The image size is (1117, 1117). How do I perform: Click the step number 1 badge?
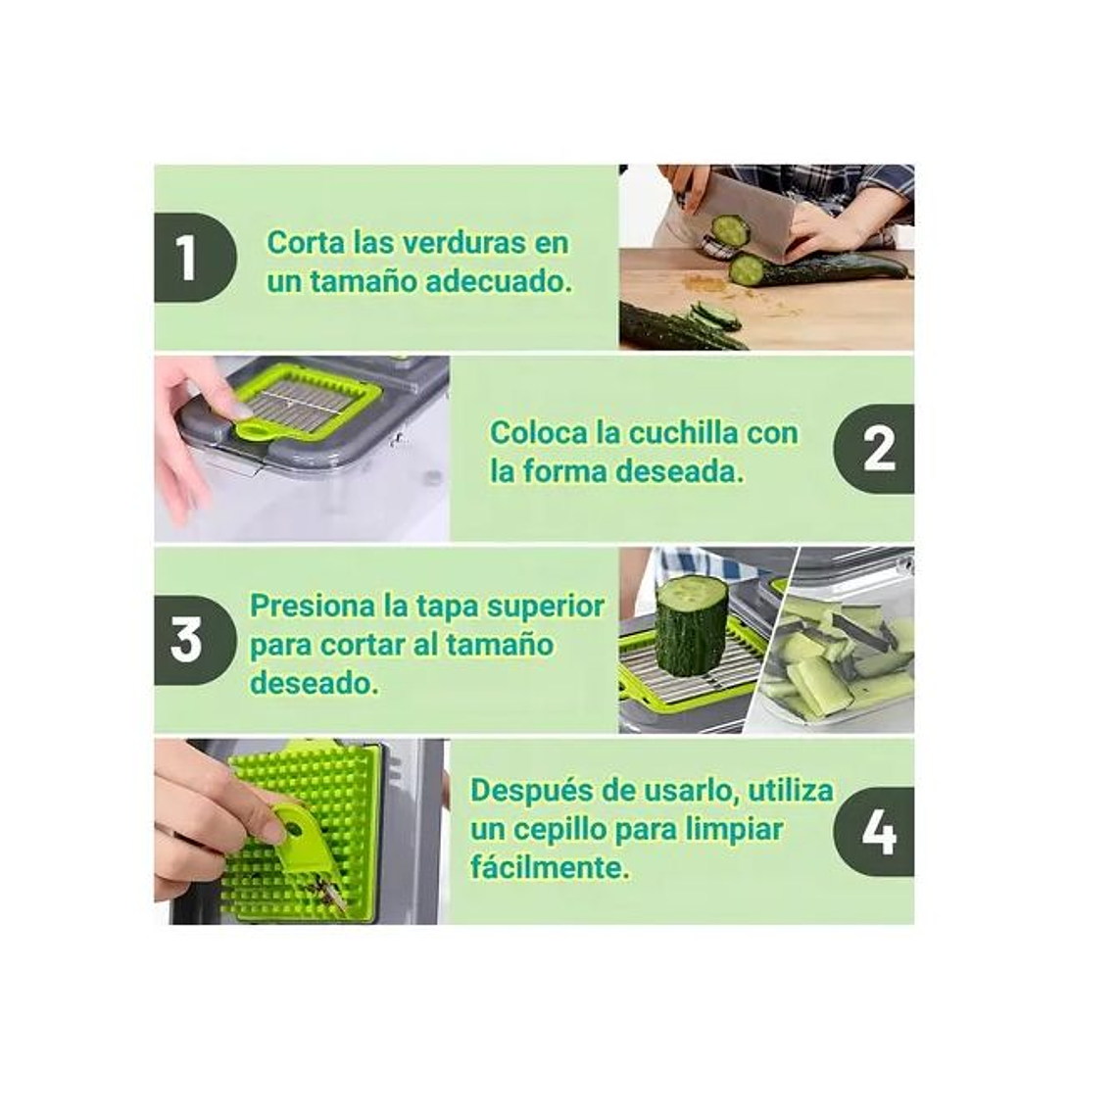[x=192, y=258]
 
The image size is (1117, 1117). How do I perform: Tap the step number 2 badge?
[x=875, y=449]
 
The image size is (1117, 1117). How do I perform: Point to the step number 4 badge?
[x=875, y=832]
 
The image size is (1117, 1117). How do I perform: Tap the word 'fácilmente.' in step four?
[x=549, y=867]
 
